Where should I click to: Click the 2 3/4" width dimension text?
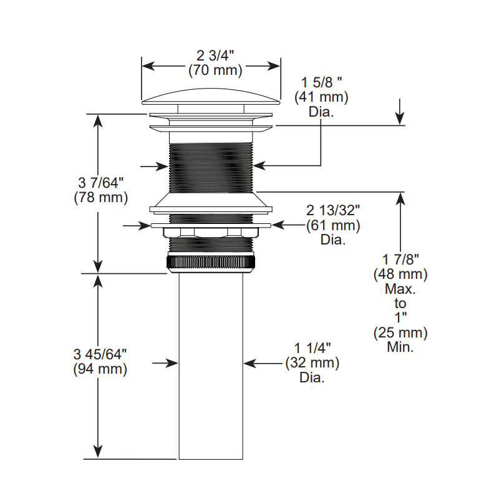point(215,56)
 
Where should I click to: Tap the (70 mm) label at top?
point(215,70)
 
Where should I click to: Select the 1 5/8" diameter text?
point(321,82)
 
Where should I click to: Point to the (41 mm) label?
point(321,97)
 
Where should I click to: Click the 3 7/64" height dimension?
point(100,183)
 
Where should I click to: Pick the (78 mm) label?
point(100,197)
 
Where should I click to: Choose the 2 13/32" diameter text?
point(333,210)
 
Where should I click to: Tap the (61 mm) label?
point(333,225)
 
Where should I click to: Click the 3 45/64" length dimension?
point(100,354)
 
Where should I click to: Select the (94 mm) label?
point(100,369)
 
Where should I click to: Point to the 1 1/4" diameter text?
point(312,348)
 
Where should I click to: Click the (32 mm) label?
point(312,363)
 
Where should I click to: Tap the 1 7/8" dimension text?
point(400,259)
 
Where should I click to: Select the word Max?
point(400,289)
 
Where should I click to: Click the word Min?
point(400,347)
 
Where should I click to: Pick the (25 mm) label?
point(400,332)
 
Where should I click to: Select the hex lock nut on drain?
point(211,232)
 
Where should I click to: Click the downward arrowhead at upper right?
point(400,119)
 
